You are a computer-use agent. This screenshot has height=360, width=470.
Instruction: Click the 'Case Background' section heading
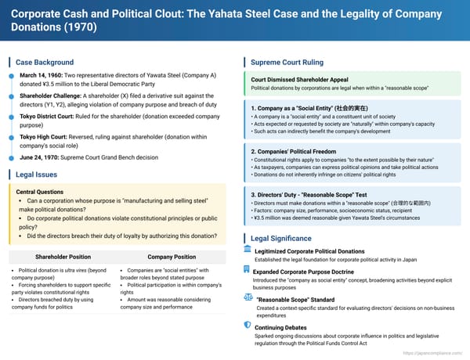pos(45,63)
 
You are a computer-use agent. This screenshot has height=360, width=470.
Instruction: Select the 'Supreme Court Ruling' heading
pos(287,62)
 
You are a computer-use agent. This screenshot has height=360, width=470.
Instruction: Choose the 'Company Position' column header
pos(171,256)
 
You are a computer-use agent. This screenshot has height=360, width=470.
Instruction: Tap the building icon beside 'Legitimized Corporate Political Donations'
pos(248,250)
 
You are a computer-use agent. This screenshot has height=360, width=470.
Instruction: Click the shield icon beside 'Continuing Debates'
pos(248,326)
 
